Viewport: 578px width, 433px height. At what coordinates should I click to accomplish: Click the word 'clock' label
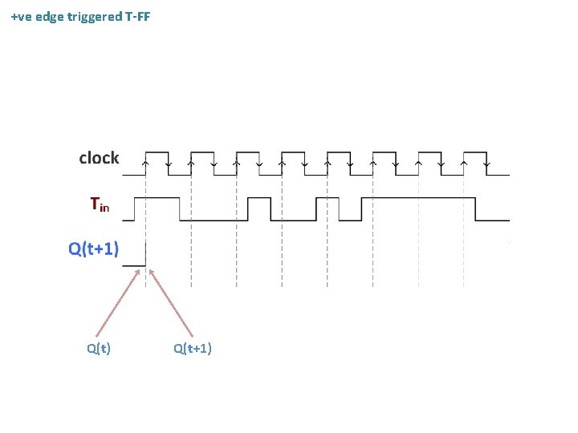pos(99,158)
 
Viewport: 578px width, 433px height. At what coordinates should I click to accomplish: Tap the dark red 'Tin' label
pos(100,204)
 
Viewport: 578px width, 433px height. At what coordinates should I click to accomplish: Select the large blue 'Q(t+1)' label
pos(94,249)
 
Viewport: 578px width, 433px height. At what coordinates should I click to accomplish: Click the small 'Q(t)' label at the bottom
pos(99,348)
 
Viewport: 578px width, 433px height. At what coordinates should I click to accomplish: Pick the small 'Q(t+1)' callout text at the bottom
pos(193,348)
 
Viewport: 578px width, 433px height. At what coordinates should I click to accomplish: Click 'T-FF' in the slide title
pos(138,16)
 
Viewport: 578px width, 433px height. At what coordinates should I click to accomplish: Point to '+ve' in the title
pos(22,16)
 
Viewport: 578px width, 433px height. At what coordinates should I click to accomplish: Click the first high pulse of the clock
pos(157,152)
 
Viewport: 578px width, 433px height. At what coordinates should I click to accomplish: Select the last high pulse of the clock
pos(475,152)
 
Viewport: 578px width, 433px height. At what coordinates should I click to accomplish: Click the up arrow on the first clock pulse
pos(145,163)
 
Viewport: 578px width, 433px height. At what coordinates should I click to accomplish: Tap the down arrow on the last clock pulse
pos(486,163)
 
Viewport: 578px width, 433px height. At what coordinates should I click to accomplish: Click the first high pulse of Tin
pos(161,197)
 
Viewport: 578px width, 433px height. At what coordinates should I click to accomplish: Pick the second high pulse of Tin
pos(259,197)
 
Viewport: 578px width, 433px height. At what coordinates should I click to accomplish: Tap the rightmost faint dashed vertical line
pos(464,241)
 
